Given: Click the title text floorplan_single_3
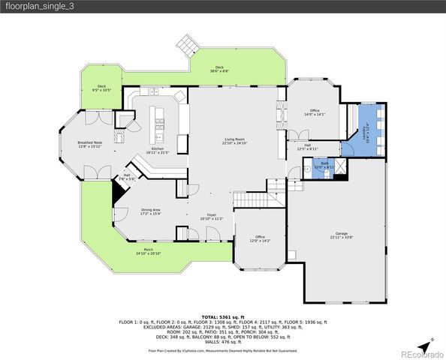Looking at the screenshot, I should [x=41, y=7].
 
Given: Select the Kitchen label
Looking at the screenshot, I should [x=158, y=151].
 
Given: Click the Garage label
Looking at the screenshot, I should [x=342, y=235].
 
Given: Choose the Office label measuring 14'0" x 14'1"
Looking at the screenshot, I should [x=314, y=112].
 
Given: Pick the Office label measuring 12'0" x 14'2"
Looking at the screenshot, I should [x=260, y=238].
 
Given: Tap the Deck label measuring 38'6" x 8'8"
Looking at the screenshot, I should [x=219, y=69].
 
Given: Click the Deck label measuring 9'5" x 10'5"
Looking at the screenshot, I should [x=101, y=88].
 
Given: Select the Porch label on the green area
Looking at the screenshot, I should [x=149, y=252].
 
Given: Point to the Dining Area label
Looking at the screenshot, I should [x=151, y=211].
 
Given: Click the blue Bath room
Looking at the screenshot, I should [x=324, y=165].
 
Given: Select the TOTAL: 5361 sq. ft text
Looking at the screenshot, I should [x=222, y=316].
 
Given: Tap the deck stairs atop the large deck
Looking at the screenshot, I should [x=187, y=46].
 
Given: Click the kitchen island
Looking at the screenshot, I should [x=158, y=121].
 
